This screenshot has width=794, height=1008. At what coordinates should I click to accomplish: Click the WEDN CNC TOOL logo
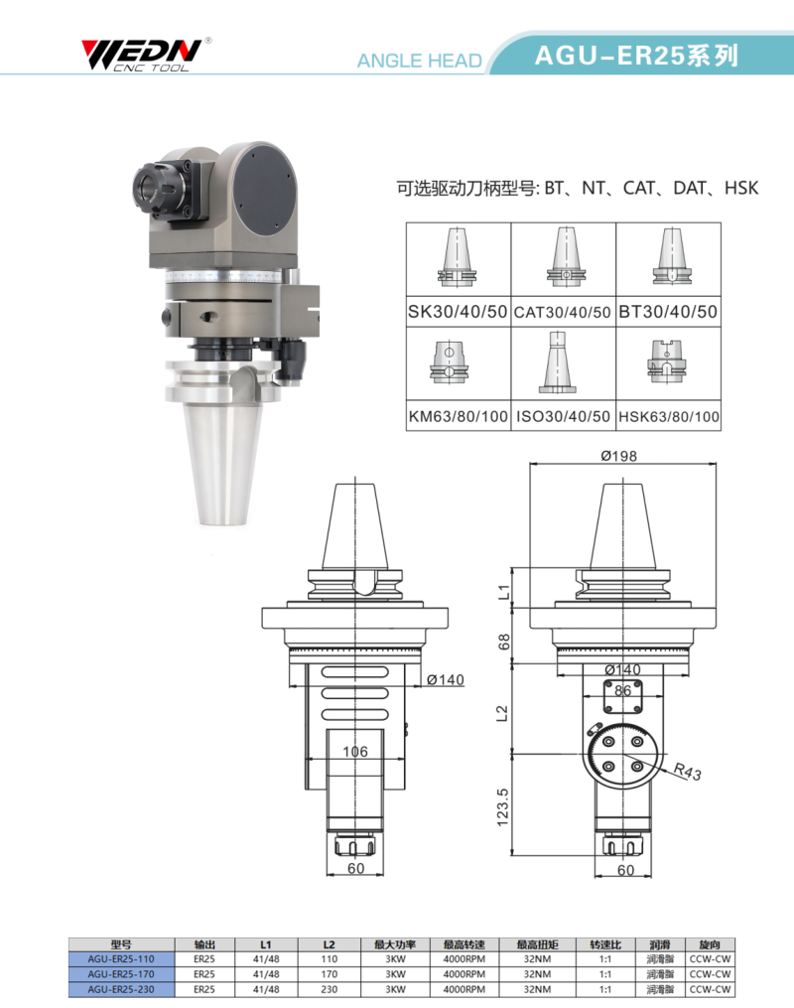tap(146, 55)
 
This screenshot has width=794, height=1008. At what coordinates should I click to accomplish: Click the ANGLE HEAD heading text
tap(420, 61)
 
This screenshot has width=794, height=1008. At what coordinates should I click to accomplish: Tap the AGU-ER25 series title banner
tap(636, 56)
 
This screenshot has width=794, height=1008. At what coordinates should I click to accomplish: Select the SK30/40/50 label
tap(458, 312)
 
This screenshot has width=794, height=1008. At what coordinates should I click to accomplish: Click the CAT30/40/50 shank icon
tap(566, 257)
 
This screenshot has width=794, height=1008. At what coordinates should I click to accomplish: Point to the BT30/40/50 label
tap(668, 312)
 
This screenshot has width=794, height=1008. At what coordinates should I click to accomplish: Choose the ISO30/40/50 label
tap(564, 416)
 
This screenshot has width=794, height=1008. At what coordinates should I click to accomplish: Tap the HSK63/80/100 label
tap(669, 416)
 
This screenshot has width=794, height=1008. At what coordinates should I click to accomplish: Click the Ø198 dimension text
tap(619, 456)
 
